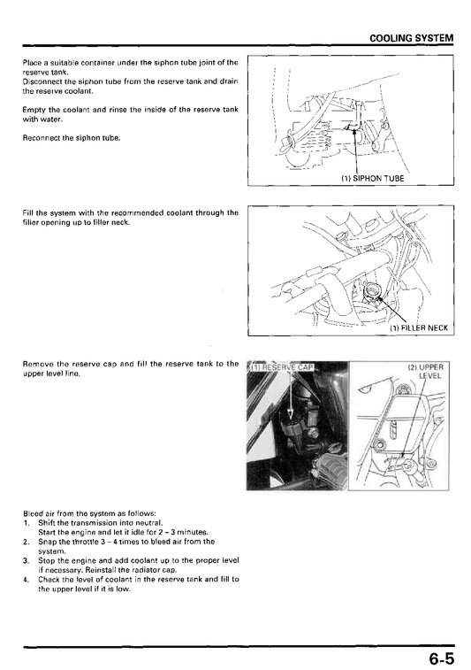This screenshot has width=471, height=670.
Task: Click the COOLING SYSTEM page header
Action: [411, 38]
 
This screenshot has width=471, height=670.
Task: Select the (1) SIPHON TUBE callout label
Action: [372, 179]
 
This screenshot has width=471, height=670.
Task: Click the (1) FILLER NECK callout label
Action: [419, 327]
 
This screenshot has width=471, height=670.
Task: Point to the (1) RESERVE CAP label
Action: [281, 367]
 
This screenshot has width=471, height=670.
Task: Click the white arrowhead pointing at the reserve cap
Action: [290, 414]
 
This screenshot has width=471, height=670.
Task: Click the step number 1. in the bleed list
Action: [26, 522]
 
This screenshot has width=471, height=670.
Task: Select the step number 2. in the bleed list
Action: [26, 542]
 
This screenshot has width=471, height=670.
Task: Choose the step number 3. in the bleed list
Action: [26, 560]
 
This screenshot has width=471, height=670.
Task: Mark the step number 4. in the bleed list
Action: [26, 580]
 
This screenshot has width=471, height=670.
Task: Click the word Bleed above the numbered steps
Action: [33, 512]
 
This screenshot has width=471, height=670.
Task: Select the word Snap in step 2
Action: [46, 542]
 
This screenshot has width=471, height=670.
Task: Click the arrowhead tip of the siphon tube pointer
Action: [353, 129]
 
